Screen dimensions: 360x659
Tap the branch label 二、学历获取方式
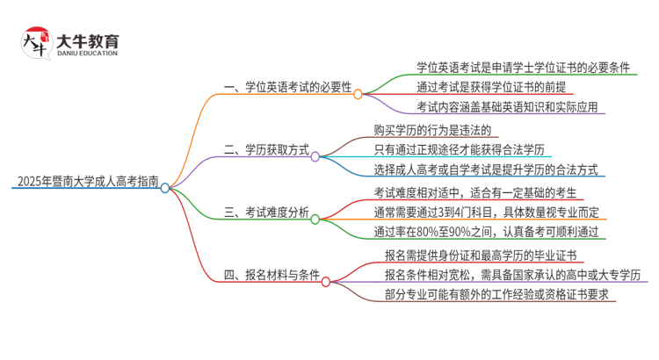tap(267, 150)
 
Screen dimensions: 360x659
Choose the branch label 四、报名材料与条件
tap(273, 275)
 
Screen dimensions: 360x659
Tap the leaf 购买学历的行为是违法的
tap(424, 129)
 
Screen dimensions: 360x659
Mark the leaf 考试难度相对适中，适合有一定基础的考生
tap(475, 191)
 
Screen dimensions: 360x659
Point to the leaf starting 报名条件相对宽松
tap(512, 275)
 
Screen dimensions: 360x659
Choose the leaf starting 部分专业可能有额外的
tap(497, 295)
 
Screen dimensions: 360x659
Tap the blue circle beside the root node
tap(165, 187)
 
